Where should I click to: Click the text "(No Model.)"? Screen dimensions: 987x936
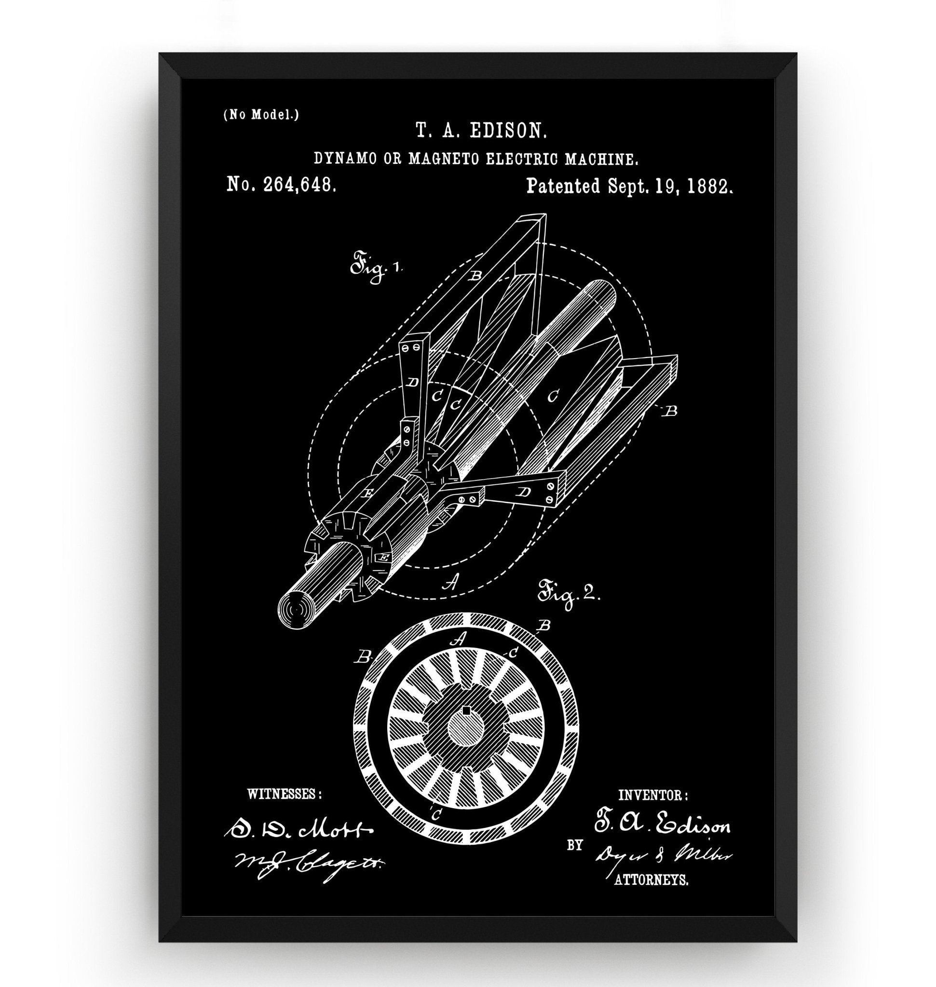261,115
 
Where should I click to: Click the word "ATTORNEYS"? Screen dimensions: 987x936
651,881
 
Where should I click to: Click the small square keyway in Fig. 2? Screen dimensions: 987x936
466,710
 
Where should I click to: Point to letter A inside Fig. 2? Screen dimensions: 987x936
460,637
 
